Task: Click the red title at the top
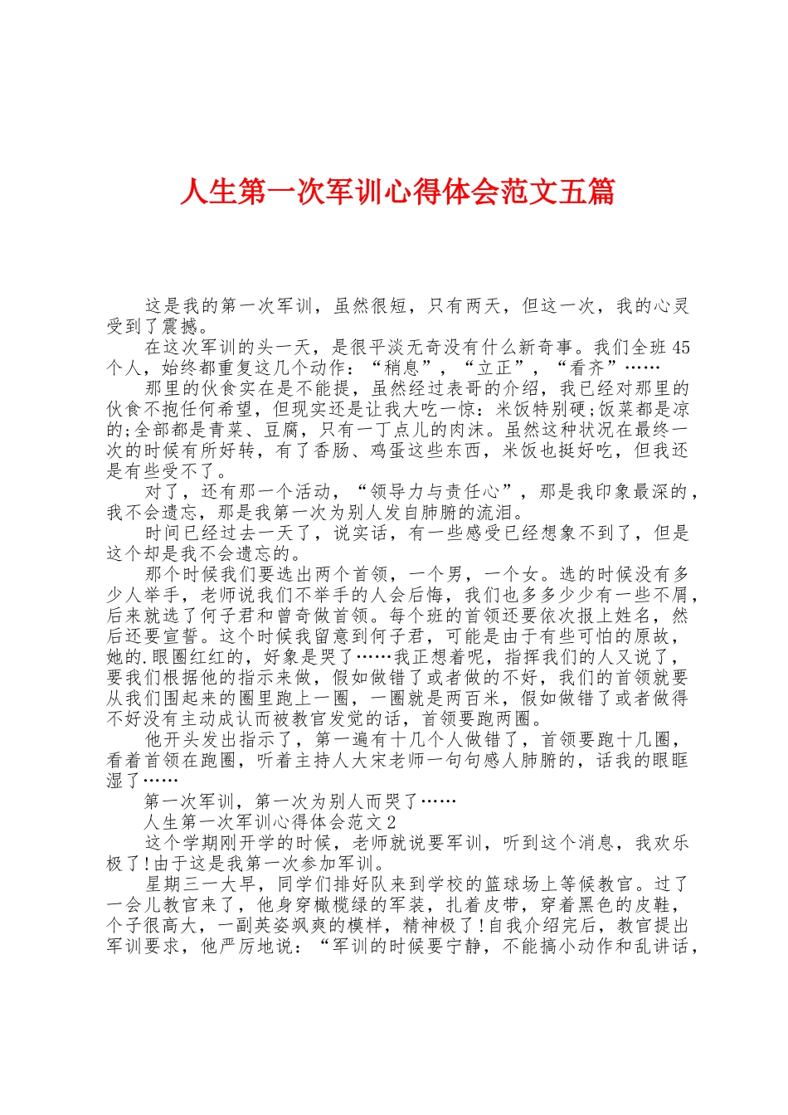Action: (396, 192)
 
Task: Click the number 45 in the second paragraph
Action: (680, 347)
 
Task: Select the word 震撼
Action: (182, 326)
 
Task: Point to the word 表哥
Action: (448, 388)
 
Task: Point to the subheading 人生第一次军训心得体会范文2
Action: (270, 822)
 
